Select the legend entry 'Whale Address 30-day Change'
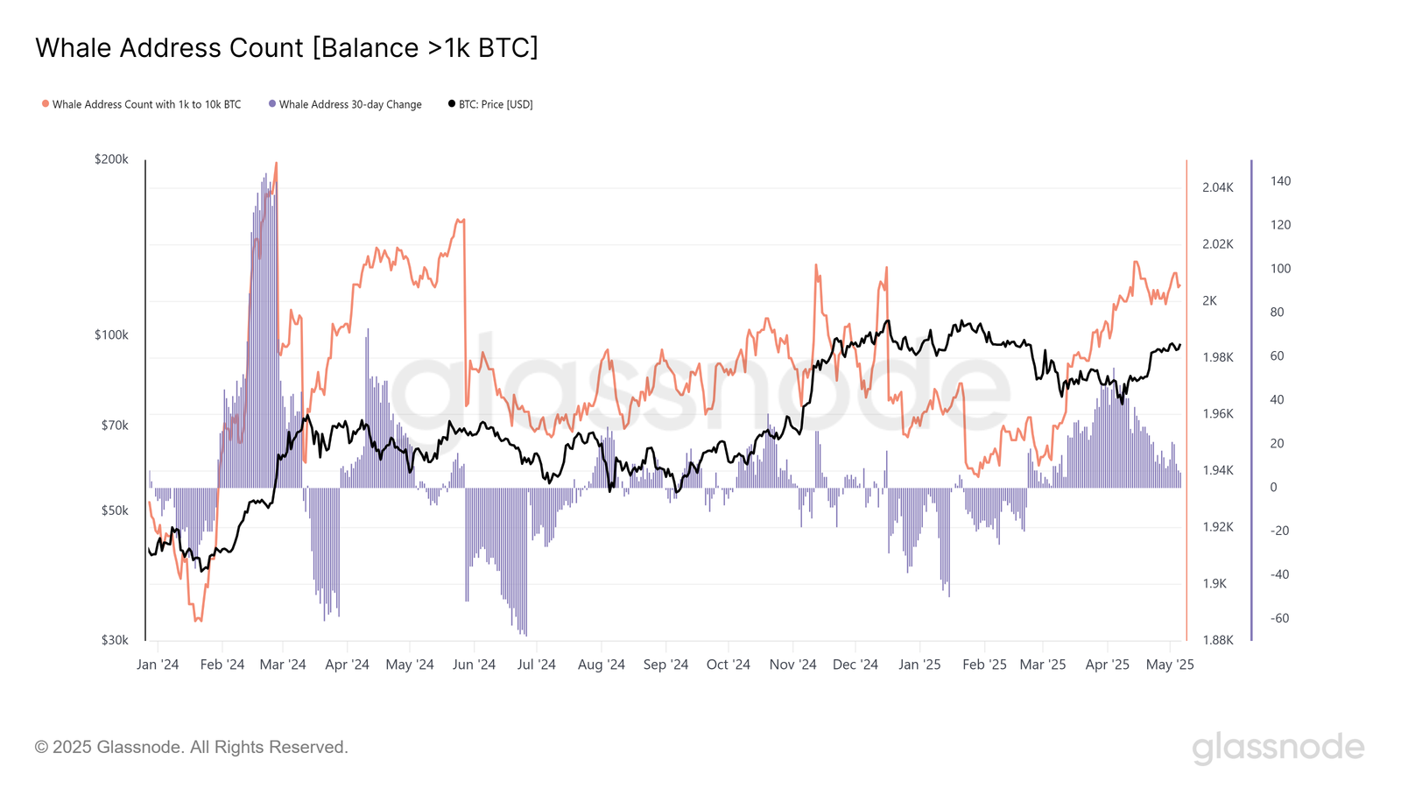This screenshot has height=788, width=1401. point(349,104)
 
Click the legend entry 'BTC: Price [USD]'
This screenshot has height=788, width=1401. point(495,104)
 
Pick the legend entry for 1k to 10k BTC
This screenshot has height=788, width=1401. point(146,104)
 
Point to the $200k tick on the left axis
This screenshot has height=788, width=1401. point(111,159)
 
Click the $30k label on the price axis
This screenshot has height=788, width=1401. point(114,640)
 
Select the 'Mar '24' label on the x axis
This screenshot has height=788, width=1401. point(283,665)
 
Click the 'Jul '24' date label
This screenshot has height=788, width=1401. point(536,665)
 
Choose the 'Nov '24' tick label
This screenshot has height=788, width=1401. point(792,665)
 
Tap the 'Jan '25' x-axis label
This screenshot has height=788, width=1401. point(919,665)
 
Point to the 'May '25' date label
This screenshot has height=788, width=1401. point(1170,665)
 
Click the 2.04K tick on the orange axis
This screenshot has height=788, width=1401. point(1217,187)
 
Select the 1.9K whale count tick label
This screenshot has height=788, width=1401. point(1214,584)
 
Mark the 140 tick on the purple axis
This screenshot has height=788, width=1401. point(1280,181)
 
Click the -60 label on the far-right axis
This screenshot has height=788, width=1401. point(1279,618)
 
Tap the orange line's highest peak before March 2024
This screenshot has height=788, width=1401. point(276,164)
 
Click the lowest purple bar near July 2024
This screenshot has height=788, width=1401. point(525,634)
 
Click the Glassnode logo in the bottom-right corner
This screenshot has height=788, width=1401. point(1278,749)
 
